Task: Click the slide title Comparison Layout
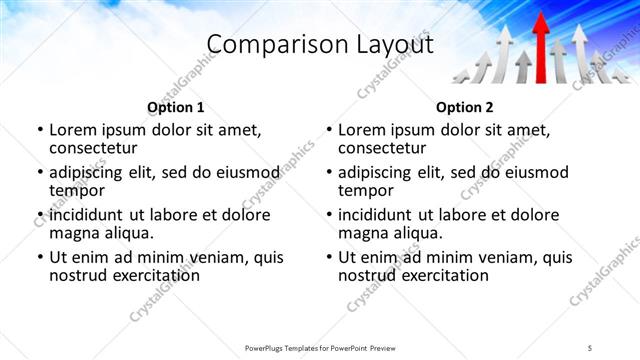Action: click(319, 45)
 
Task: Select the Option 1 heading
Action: click(175, 107)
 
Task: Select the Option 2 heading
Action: click(464, 107)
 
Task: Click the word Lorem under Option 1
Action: click(74, 130)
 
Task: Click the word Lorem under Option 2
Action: click(363, 130)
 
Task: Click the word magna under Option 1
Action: click(75, 233)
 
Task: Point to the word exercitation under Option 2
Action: click(445, 275)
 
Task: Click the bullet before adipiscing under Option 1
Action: click(40, 173)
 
